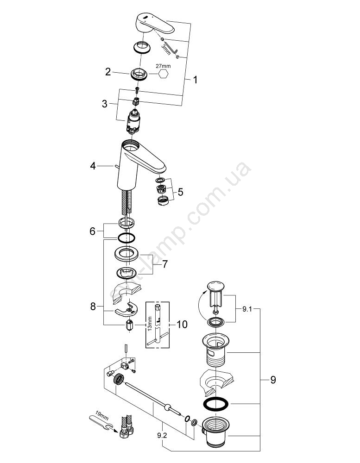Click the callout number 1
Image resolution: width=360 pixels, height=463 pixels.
tap(195, 80)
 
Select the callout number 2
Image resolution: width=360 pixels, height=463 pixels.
tap(108, 72)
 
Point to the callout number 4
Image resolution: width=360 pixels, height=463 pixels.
tap(93, 165)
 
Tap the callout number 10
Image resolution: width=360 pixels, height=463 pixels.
tap(182, 324)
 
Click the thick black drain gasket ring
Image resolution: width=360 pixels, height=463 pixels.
tap(216, 403)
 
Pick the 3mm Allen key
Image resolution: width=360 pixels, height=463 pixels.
tap(173, 46)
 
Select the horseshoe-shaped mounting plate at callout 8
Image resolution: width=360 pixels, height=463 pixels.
tap(126, 308)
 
